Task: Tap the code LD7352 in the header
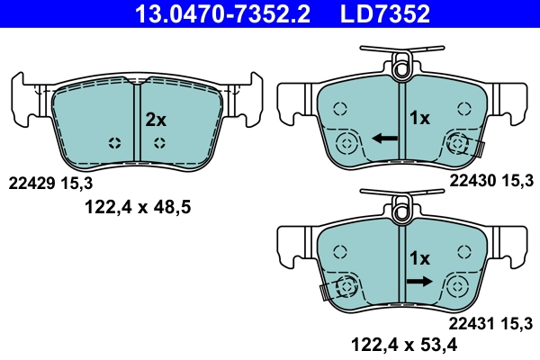(x=378, y=13)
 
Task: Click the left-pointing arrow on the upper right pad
(x=385, y=139)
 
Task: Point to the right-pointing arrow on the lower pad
(x=418, y=281)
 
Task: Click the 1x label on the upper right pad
(x=420, y=118)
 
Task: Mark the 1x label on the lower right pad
(x=420, y=258)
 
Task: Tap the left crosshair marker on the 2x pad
(x=114, y=143)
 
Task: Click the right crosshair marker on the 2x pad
(x=159, y=143)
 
